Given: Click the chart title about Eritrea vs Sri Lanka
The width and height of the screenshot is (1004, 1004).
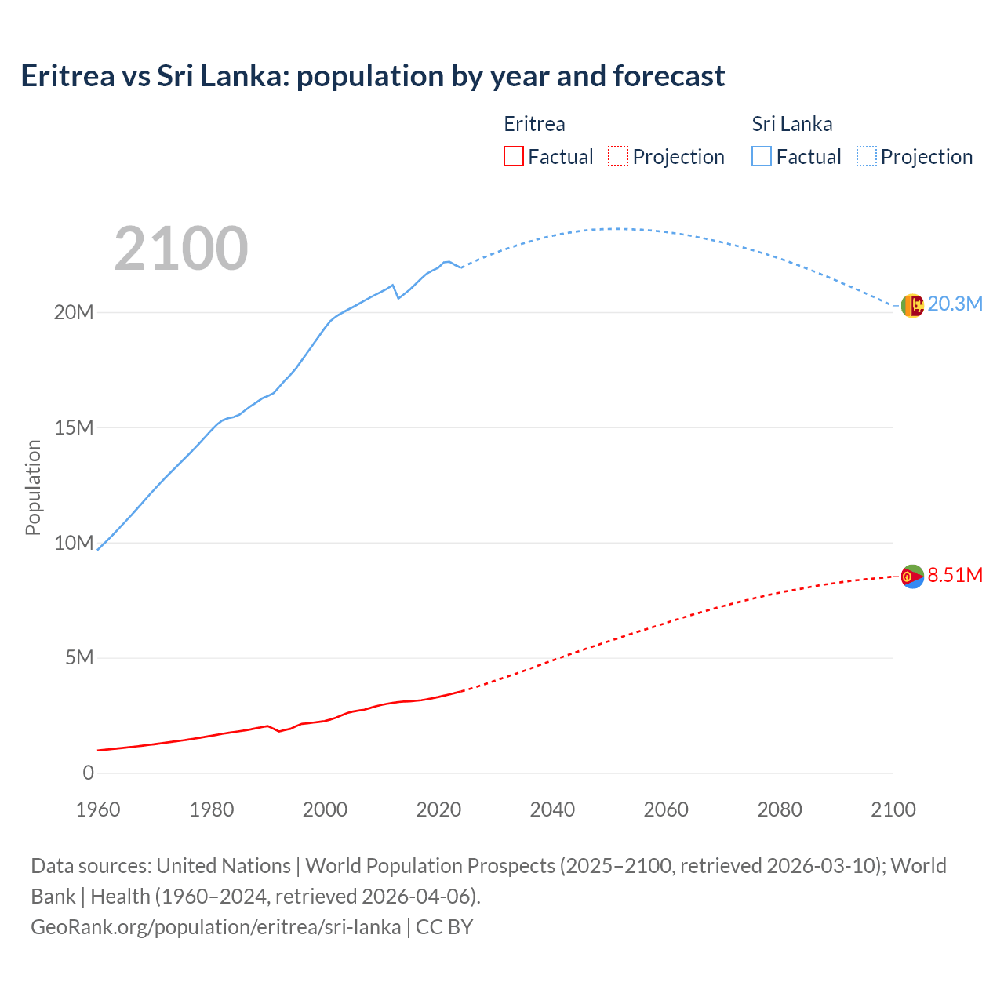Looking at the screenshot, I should (x=373, y=76).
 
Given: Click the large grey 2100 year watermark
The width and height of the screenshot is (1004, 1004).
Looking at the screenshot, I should (x=181, y=249).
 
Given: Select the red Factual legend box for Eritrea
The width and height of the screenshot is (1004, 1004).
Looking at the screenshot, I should (x=514, y=156).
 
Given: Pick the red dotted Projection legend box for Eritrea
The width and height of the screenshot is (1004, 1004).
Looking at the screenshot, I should (x=618, y=156).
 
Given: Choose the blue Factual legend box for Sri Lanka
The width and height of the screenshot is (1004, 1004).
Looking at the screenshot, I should (x=762, y=156).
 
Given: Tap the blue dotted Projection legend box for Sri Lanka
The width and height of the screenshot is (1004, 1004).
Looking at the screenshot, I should (x=867, y=156).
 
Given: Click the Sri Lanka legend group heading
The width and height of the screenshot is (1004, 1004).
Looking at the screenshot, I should (x=791, y=124).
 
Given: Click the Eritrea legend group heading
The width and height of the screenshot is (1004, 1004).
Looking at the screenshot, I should (x=534, y=124).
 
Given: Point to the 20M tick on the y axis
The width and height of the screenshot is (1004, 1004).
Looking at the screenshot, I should (x=74, y=312).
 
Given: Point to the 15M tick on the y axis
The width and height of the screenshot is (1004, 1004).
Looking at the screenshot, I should (x=74, y=427).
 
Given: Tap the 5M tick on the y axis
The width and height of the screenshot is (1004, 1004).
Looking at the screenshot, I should (x=79, y=657).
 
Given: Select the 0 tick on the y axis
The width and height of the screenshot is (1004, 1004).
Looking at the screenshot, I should (x=88, y=773).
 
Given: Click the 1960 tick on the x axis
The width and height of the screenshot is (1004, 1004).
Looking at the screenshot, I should (x=98, y=809).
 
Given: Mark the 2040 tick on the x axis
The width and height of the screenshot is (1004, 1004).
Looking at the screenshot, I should (x=552, y=809).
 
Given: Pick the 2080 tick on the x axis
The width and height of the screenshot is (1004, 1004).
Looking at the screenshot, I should (x=780, y=809).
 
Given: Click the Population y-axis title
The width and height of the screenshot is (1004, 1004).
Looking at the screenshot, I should (x=33, y=487).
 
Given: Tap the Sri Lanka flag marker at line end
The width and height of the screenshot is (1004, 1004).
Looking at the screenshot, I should (x=912, y=306).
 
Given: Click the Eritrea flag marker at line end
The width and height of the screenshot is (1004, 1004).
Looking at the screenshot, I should (x=912, y=577).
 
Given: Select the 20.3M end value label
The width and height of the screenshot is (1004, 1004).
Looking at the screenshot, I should (x=955, y=304).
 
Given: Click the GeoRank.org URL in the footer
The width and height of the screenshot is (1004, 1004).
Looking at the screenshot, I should (x=216, y=926).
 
